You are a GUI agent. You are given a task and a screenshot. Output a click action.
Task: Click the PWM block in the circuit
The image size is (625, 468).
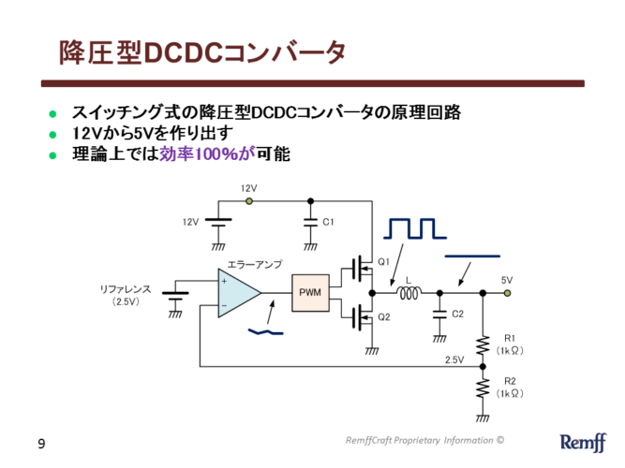310,293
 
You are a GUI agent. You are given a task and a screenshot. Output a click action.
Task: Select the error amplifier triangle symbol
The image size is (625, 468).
238,293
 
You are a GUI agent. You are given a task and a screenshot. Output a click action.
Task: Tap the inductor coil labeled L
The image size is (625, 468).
409,293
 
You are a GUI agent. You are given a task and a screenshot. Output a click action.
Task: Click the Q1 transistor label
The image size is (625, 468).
383,261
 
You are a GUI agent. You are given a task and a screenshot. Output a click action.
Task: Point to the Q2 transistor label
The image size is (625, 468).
383,317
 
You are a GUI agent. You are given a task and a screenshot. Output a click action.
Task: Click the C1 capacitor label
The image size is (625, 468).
328,222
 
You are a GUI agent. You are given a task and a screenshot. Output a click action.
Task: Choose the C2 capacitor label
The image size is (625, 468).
457,314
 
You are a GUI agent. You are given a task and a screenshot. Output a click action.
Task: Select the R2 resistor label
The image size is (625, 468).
510,382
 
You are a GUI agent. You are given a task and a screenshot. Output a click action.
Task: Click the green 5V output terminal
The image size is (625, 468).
507,293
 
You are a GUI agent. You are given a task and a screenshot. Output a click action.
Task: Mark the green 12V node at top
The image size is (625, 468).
249,200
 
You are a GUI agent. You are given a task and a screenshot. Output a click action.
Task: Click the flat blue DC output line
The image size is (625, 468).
472,255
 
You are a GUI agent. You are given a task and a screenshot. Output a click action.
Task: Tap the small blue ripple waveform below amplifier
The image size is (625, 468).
265,331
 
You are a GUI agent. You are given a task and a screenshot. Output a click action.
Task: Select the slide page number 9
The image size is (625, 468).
41,442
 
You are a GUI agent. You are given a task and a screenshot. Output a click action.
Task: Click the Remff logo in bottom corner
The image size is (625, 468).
582,442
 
